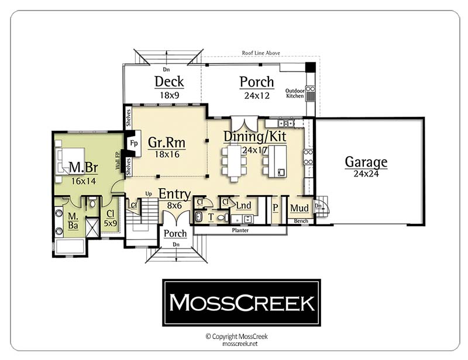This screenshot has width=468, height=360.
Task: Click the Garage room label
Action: (366, 162)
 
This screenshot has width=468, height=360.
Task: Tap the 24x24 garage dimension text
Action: (366, 174)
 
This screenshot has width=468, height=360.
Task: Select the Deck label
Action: (169, 81)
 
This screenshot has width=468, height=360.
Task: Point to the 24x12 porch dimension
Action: (257, 95)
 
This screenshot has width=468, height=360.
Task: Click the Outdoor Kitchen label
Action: (295, 94)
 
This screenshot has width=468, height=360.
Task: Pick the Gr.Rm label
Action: (167, 143)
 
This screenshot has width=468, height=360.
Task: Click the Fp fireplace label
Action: (134, 143)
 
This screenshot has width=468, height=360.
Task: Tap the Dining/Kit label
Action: (255, 136)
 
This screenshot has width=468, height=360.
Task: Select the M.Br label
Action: (83, 168)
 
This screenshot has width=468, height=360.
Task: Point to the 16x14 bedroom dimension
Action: (84, 181)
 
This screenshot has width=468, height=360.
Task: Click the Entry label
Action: (174, 194)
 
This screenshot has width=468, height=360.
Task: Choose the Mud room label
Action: (300, 208)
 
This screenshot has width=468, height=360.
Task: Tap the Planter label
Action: (240, 230)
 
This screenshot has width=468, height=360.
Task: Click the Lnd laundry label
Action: (243, 206)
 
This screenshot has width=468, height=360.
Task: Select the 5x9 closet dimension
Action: (111, 223)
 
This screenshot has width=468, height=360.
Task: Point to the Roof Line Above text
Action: (261, 53)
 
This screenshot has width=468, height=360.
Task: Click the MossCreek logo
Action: (242, 303)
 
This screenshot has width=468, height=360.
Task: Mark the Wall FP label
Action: (118, 161)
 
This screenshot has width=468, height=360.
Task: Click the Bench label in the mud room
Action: (301, 221)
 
